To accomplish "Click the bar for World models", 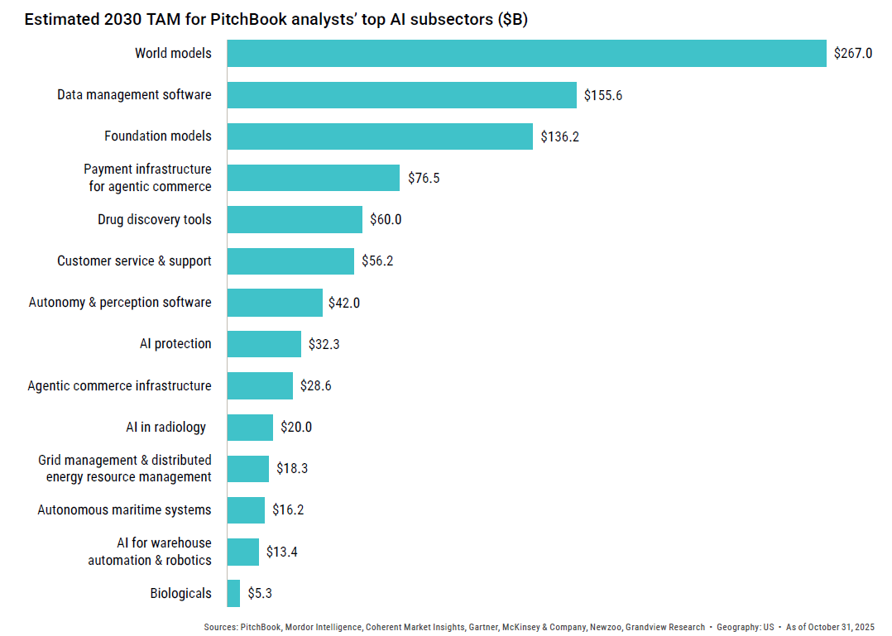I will [x=526, y=54].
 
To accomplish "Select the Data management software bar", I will [x=401, y=95].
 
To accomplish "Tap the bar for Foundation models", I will [x=380, y=136].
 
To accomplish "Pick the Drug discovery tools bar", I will [x=295, y=219].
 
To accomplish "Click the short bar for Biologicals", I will [x=233, y=593].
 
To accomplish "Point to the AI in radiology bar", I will [x=250, y=428].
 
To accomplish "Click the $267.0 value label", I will [x=852, y=54].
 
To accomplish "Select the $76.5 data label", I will [x=424, y=178].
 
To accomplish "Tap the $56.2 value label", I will [x=377, y=261].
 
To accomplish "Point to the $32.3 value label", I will [x=324, y=344].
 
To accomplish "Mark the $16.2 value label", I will [x=288, y=510].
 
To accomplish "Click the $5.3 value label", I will [x=260, y=593].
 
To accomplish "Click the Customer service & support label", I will [x=134, y=261].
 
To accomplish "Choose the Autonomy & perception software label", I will [x=120, y=303].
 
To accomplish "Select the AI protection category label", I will [x=175, y=344].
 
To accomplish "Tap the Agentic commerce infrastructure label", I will [x=119, y=385].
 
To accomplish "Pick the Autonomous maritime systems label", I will [x=124, y=510].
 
